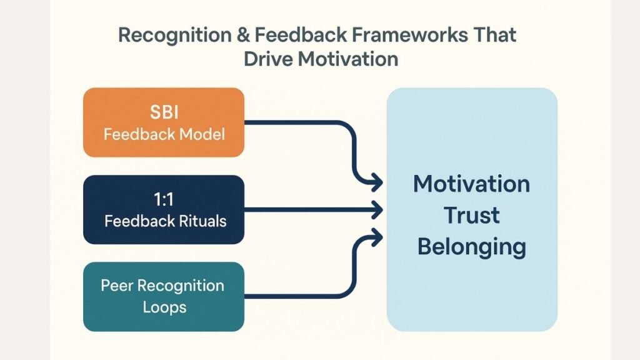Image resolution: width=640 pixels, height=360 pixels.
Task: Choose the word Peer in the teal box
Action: pyautogui.click(x=117, y=286)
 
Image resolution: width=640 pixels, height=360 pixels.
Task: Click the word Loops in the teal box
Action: pyautogui.click(x=164, y=307)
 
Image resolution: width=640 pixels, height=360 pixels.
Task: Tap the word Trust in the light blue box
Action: pyautogui.click(x=472, y=216)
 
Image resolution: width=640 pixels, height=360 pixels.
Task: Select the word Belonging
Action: pyautogui.click(x=472, y=247)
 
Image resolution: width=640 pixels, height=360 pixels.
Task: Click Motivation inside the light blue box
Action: pyautogui.click(x=472, y=184)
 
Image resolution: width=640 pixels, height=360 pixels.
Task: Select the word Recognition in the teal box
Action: pyautogui.click(x=181, y=286)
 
